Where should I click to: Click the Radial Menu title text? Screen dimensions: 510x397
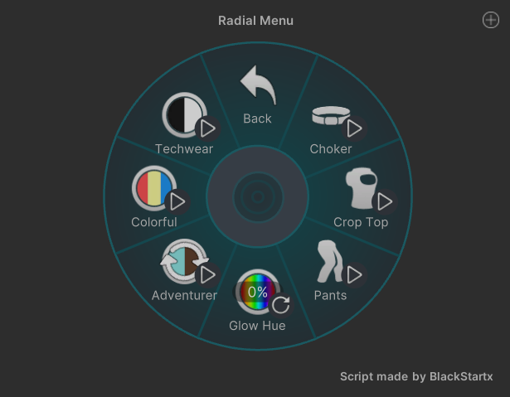[x=255, y=21]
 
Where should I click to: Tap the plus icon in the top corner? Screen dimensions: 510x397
[x=490, y=20]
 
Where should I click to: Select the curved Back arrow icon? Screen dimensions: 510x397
[x=259, y=85]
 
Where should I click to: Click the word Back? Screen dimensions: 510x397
[x=257, y=119]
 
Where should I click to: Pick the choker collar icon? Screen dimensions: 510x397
[x=331, y=115]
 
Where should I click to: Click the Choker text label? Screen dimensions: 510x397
[x=331, y=149]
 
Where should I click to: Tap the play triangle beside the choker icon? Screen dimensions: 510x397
[x=354, y=128]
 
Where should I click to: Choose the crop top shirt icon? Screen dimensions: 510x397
[x=362, y=188]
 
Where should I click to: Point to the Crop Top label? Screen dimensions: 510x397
[x=361, y=222]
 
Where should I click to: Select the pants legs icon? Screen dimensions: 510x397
[x=329, y=261]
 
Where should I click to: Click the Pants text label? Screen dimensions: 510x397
[x=330, y=296]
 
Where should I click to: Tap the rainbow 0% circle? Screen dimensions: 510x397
[x=257, y=292]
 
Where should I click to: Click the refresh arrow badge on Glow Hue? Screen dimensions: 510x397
[x=280, y=305]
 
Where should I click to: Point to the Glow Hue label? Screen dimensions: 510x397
[x=257, y=326]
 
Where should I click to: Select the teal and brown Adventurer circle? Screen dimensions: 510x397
[x=184, y=261]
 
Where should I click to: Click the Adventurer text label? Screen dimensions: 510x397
[x=184, y=296]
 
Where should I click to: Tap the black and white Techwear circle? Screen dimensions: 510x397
[x=184, y=114]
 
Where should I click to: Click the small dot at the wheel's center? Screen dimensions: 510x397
[x=258, y=196]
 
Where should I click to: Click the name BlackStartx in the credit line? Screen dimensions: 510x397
[x=461, y=376]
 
